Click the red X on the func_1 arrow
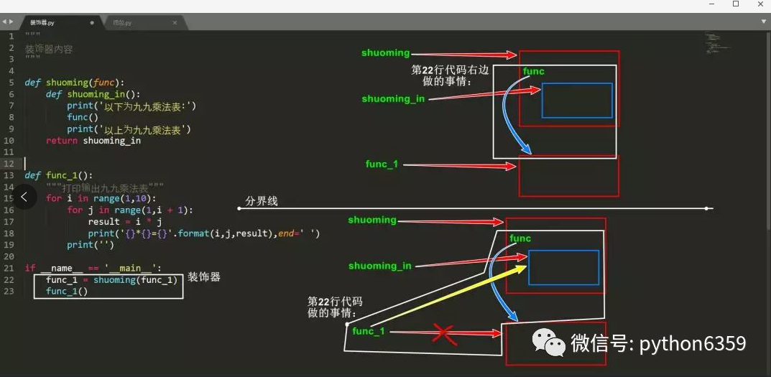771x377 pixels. coord(445,333)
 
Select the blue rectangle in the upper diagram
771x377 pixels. coord(576,101)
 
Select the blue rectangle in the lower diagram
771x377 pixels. coord(563,267)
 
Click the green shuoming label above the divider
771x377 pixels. coord(385,53)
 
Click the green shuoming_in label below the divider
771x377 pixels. coord(379,266)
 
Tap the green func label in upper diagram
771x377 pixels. coord(533,71)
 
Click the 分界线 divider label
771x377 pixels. coord(262,201)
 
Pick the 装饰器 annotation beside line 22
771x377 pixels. coord(204,277)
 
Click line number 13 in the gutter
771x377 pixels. coord(10,175)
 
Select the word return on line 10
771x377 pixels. coord(61,141)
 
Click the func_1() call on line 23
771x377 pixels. coord(67,291)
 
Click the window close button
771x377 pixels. coord(757,4)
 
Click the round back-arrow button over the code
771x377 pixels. coord(24,196)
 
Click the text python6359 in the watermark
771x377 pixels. coord(692,344)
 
